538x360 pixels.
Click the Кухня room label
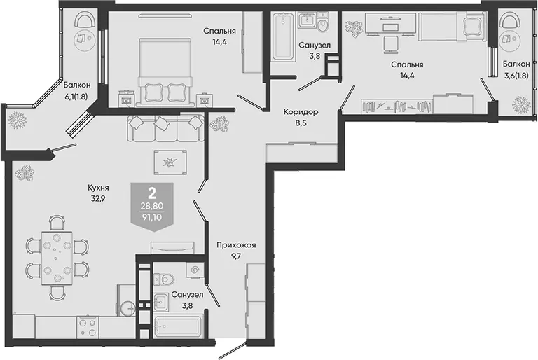coord(98,188)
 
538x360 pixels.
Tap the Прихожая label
coord(236,245)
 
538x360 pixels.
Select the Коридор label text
coord(301,112)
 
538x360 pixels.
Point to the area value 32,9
coord(98,199)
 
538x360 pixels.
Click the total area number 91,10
coord(152,217)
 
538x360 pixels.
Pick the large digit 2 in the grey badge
coord(151,194)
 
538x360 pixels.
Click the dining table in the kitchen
coord(57,258)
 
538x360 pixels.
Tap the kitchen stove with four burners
coord(88,327)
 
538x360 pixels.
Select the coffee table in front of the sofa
coord(170,162)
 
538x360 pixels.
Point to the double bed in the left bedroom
coord(164,72)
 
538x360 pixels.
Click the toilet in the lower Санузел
coord(163,279)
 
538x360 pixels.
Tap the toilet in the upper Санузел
coord(323,22)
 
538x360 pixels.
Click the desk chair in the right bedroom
coord(389,45)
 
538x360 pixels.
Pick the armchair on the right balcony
coord(509,20)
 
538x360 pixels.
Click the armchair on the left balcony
coord(85,20)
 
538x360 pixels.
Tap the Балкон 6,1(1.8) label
coord(77,90)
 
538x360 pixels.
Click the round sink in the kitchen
coord(128,308)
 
